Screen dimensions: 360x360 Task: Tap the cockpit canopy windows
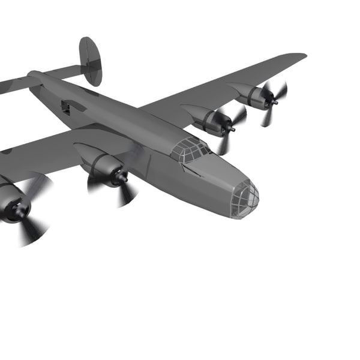point(191,149)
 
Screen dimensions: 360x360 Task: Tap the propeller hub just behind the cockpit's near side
point(122,178)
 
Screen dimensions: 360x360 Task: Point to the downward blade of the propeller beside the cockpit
point(224,144)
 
